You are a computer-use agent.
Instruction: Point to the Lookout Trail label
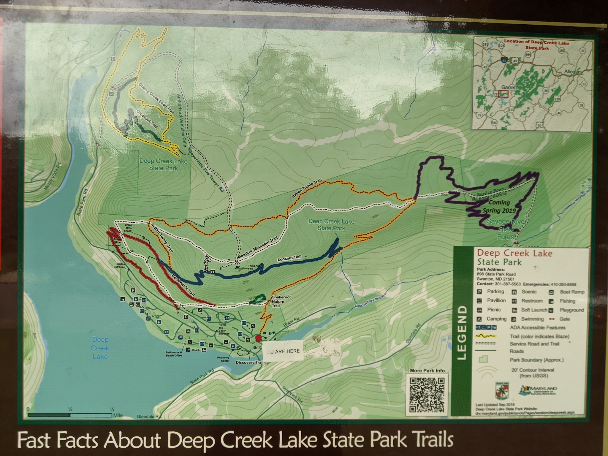click(x=289, y=259)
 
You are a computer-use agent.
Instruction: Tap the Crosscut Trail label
click(x=147, y=119)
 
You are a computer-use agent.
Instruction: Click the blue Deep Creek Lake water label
click(x=100, y=348)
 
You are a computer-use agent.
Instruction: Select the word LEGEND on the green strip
click(x=462, y=333)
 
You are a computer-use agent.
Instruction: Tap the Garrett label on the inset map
click(x=509, y=87)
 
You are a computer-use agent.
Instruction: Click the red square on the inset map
click(x=503, y=94)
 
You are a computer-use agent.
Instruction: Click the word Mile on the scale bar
click(x=118, y=415)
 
